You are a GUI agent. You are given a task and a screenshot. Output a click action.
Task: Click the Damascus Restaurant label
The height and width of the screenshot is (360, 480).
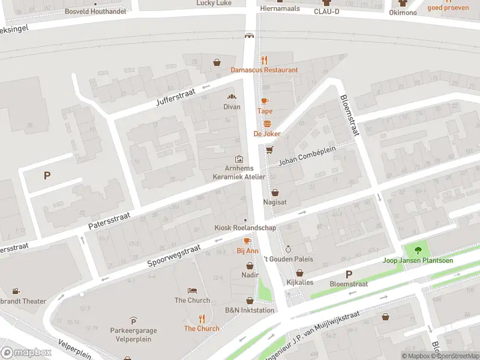point(264,70)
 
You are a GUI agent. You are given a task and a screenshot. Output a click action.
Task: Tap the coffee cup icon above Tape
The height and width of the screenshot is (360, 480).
point(265,101)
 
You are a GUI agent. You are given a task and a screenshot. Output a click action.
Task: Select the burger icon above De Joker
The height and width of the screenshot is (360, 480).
point(267,124)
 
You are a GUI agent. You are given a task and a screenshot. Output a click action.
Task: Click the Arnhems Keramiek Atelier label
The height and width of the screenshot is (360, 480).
point(239,173)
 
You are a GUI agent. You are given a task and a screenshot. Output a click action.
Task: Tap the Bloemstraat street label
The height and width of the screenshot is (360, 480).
point(349,116)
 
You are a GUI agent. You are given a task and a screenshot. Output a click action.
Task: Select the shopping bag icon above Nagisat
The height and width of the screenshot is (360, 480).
point(275,193)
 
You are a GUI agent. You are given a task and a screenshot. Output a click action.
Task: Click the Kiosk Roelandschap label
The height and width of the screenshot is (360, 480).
point(245,228)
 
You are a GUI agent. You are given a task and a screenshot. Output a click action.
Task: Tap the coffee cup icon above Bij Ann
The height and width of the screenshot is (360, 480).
point(247,241)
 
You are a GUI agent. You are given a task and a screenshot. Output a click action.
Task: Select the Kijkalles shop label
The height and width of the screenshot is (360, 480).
point(299,282)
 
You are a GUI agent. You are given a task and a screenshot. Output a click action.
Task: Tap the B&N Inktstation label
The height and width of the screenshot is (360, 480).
point(250,310)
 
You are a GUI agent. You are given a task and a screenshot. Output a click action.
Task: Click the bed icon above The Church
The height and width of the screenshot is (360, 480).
point(192,290)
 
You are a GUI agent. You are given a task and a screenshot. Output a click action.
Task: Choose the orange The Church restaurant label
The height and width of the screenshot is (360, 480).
point(202,328)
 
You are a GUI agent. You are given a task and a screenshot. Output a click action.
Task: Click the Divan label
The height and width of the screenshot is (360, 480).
point(232,107)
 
